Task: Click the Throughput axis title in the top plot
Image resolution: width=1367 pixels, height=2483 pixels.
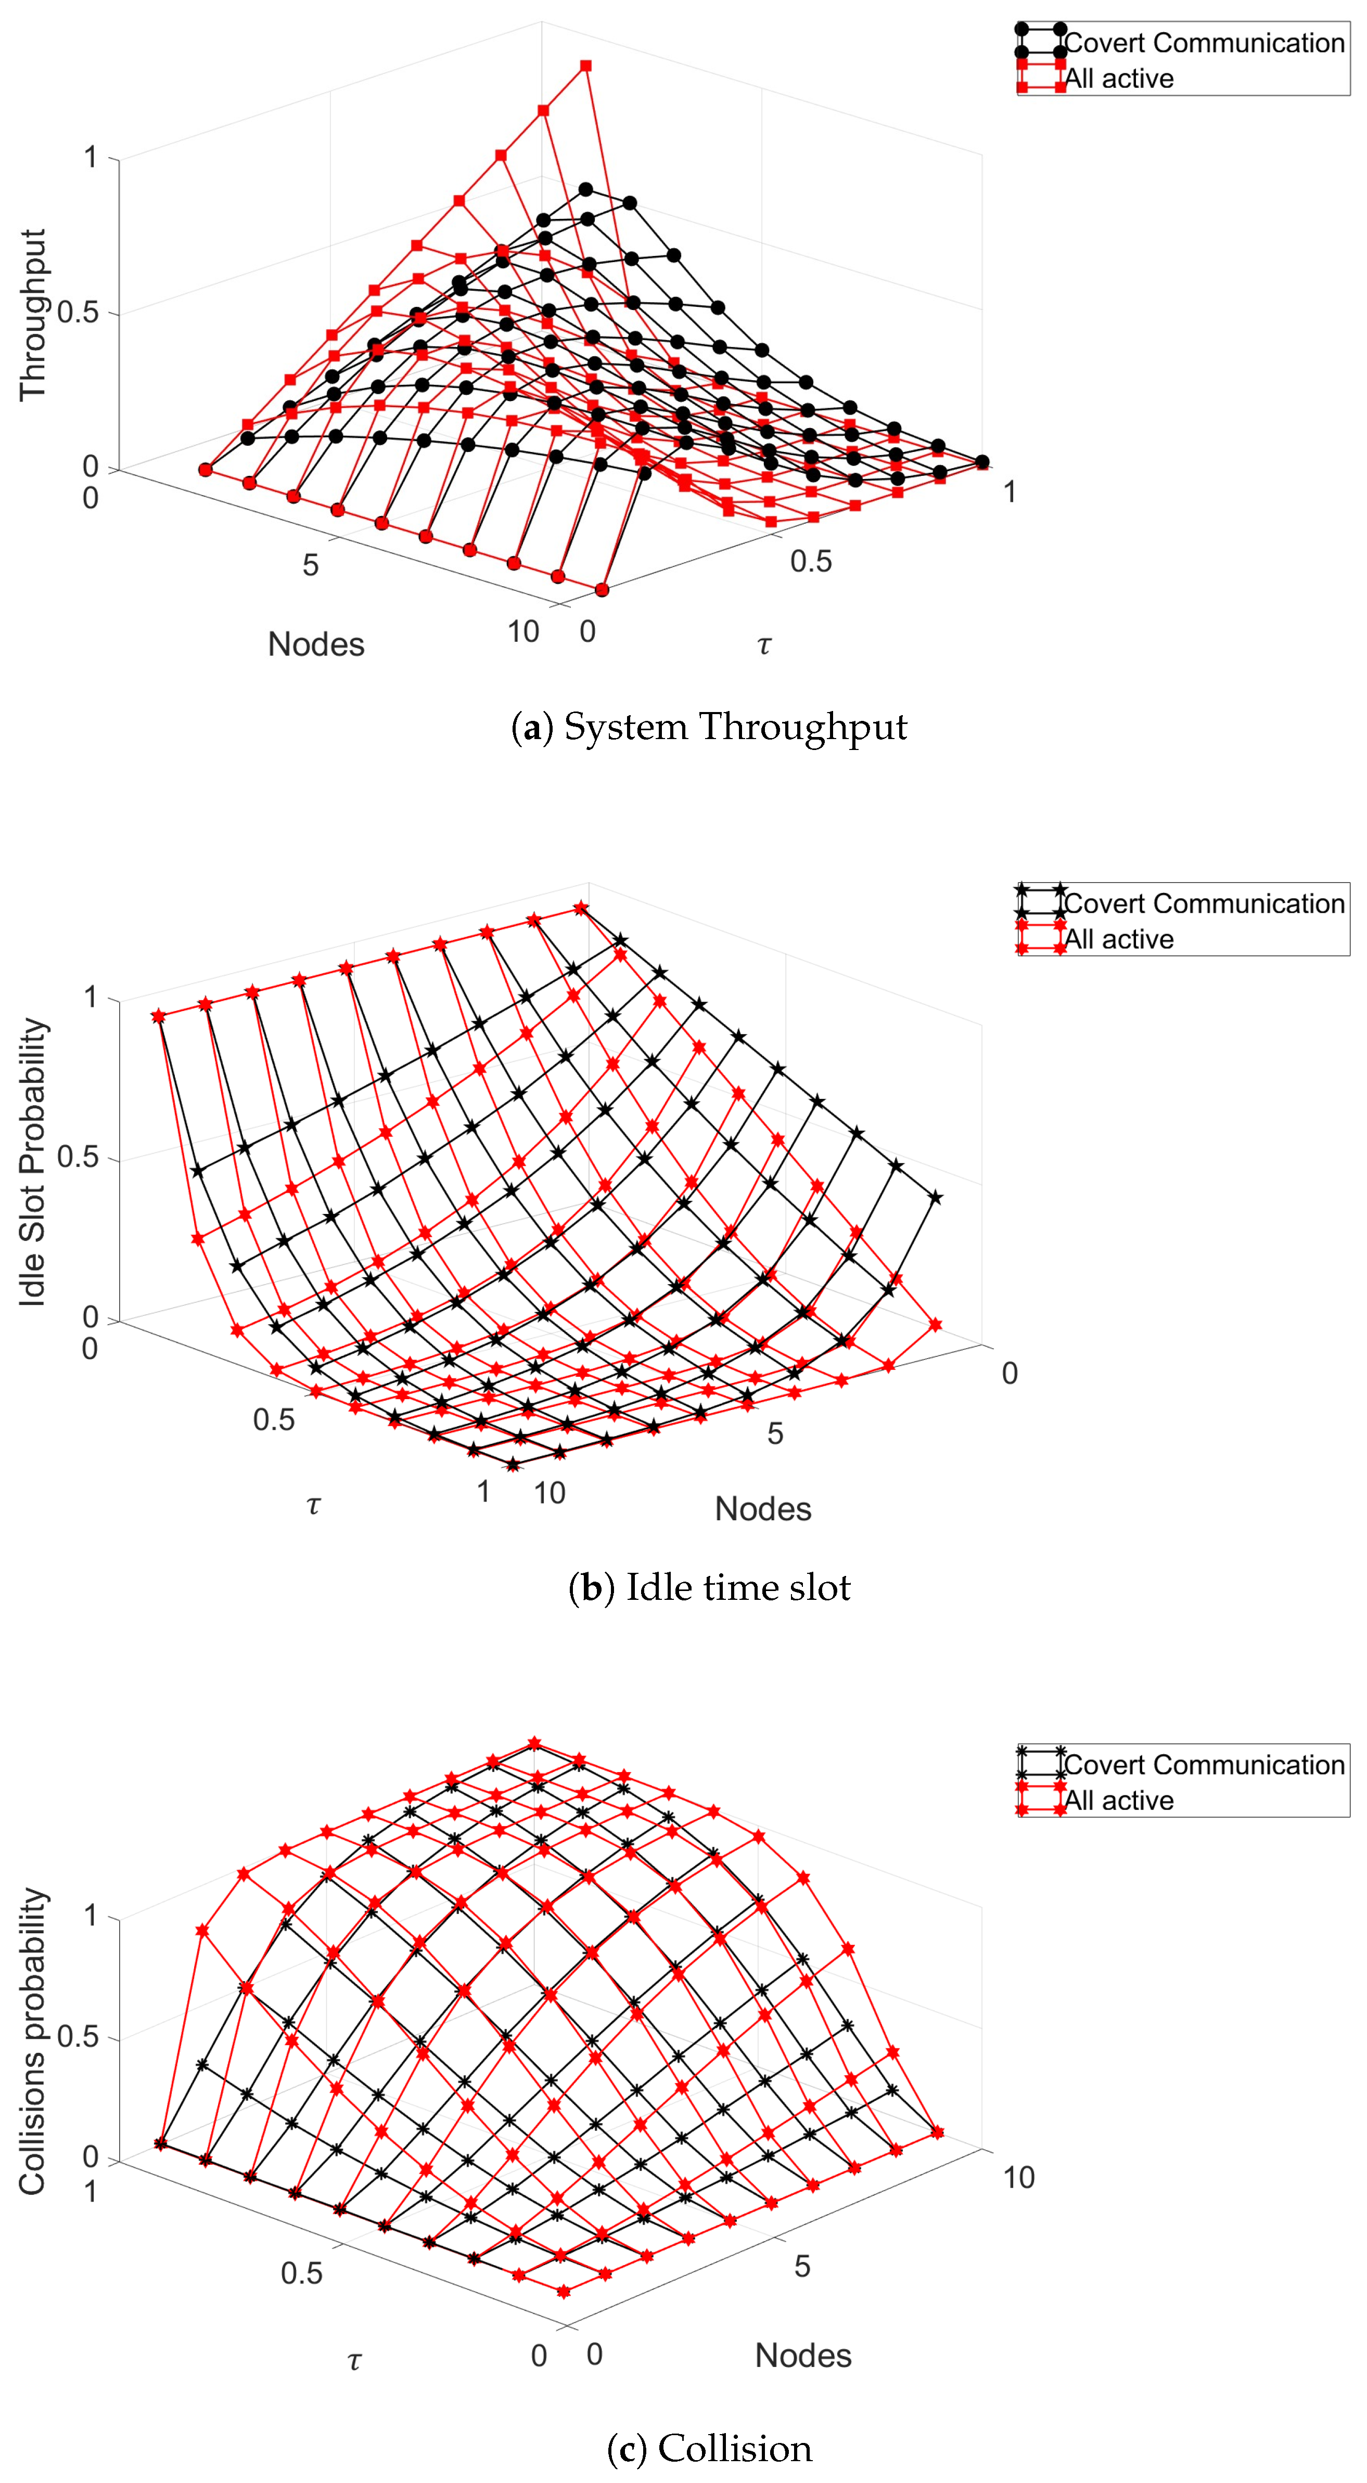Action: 33,314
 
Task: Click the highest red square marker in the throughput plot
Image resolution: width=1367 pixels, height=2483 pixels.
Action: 585,66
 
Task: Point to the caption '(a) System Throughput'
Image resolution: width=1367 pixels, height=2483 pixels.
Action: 709,727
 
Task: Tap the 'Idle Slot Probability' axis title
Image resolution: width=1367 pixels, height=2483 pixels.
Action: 33,1162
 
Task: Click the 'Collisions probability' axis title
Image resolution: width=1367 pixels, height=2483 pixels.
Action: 33,2041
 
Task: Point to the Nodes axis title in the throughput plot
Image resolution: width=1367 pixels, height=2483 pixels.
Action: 316,644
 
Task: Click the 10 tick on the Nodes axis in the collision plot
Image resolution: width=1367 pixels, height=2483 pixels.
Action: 1019,2178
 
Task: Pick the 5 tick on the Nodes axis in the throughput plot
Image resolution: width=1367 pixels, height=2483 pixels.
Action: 311,565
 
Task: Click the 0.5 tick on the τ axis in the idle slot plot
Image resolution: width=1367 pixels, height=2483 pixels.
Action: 274,1420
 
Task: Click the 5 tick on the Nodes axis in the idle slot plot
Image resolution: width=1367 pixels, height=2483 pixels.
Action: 775,1433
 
